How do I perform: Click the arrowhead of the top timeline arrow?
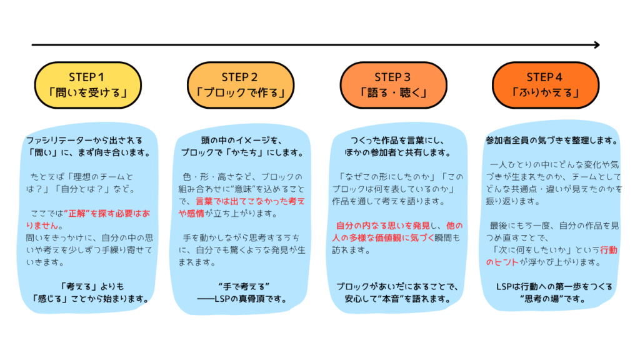(596, 45)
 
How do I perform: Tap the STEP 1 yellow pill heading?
(88, 86)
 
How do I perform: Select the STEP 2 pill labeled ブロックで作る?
(241, 86)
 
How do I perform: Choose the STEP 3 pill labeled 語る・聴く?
(393, 86)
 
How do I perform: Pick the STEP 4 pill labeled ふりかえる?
(545, 86)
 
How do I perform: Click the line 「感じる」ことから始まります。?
(91, 299)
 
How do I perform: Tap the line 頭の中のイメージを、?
(241, 140)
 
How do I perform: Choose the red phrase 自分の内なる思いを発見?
(371, 226)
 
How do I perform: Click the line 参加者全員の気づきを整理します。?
(552, 140)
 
